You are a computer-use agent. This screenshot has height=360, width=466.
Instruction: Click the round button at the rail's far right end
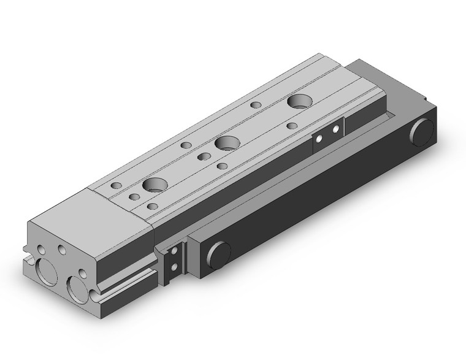422,132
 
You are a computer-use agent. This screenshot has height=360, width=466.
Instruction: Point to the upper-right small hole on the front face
62,250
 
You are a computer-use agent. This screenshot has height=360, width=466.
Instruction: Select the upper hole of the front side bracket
176,251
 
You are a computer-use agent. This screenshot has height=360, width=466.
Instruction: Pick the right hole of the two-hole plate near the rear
335,130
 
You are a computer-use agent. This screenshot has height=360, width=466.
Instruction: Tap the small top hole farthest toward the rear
256,105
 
